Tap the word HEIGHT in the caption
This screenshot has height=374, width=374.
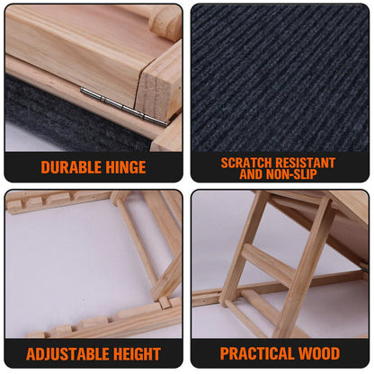point(133,353)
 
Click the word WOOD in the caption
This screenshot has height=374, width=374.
point(319,353)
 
